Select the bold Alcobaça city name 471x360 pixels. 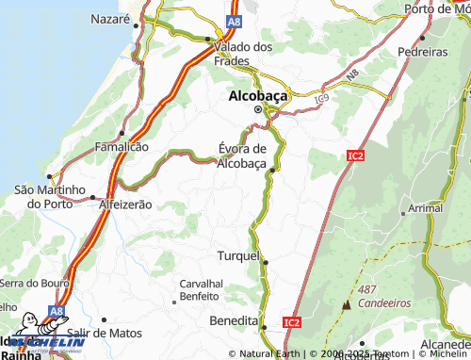click(x=257, y=95)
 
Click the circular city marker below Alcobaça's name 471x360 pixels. click(x=257, y=109)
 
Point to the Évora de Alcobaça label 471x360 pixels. click(x=242, y=155)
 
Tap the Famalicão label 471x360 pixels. click(x=122, y=147)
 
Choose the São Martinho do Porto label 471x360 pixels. click(x=52, y=196)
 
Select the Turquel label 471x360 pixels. click(x=238, y=256)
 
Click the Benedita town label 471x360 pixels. click(x=234, y=321)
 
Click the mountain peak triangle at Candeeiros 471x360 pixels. click(x=347, y=304)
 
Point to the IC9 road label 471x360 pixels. click(x=322, y=97)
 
